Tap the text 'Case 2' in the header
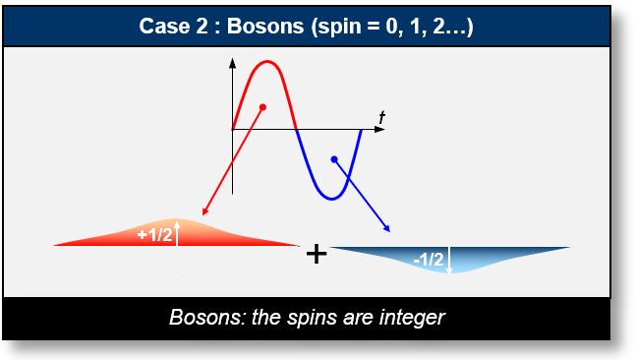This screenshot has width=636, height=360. pos(175,26)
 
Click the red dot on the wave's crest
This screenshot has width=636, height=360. pos(262,106)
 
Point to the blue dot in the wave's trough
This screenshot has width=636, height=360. pos(334,158)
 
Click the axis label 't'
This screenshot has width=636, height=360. pos(381,117)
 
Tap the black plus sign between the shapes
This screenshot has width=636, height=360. pos(316,254)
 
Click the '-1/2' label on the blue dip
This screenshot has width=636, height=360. pos(429,260)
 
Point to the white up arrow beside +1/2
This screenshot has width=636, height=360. pos(177,233)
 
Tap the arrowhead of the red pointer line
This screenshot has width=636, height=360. pos(202,212)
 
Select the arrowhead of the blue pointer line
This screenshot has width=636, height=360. pos(387,228)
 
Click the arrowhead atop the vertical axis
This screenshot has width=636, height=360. pos(233,64)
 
